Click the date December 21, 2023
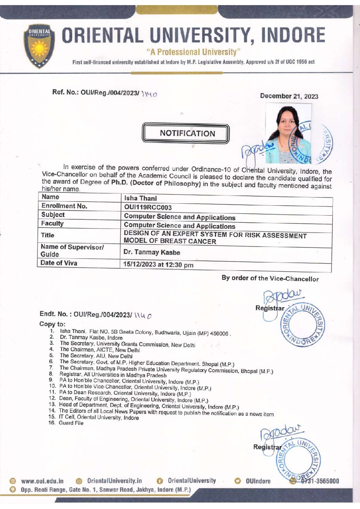tap(289, 96)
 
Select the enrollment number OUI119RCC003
tap(148, 207)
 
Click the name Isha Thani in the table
tap(140, 198)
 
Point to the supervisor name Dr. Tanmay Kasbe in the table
tap(152, 252)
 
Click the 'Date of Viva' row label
tap(59, 263)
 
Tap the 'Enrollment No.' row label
tap(64, 206)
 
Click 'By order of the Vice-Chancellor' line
tap(270, 278)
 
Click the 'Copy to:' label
tap(52, 324)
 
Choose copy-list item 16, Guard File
tap(71, 423)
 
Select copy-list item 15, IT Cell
tap(99, 417)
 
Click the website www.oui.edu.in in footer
tap(42, 481)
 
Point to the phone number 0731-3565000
tap(319, 481)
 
